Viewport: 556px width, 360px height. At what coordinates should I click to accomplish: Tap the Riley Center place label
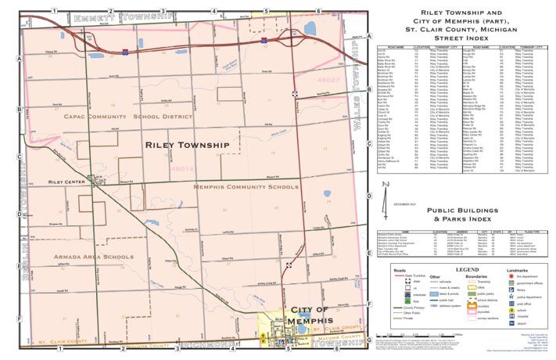[x=66, y=182]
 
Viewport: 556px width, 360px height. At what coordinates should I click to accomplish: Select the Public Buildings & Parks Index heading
[x=461, y=216]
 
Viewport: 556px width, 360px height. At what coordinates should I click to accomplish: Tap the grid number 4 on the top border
[x=213, y=10]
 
